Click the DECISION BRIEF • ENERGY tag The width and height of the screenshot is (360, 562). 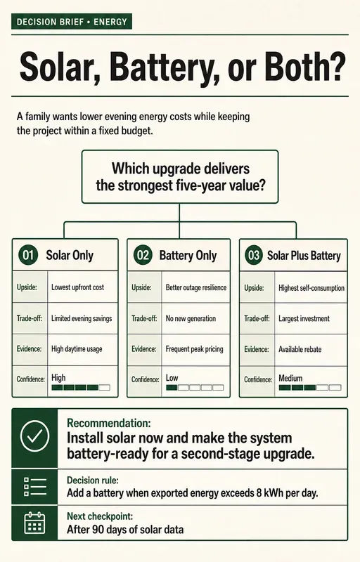[72, 22]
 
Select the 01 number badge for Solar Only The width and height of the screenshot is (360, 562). [28, 255]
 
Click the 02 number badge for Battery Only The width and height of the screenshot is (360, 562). [143, 255]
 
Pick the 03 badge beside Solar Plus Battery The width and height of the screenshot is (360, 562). [254, 256]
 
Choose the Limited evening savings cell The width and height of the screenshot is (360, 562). [82, 318]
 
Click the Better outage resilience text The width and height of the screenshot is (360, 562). [195, 287]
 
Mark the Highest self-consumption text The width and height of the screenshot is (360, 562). [311, 288]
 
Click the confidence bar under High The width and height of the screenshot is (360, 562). [81, 388]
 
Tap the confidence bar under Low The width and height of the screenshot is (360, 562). [195, 388]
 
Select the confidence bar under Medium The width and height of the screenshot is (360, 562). [310, 388]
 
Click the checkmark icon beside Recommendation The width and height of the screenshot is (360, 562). [34, 436]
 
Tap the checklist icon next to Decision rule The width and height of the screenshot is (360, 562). [34, 487]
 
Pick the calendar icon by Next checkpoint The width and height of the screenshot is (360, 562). [34, 523]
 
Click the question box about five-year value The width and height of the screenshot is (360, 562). [180, 177]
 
